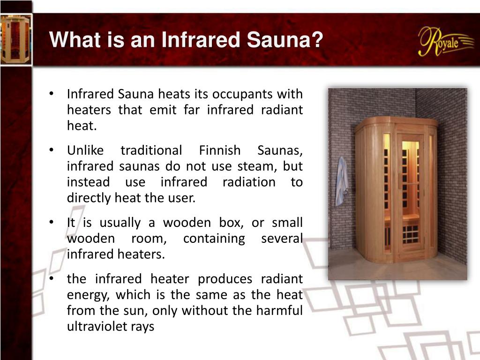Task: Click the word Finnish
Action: pos(220,151)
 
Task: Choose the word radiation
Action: pos(249,182)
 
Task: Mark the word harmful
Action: pos(281,311)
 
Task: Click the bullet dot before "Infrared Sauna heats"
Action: pos(52,94)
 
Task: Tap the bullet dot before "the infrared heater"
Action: pos(52,279)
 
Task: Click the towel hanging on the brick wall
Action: pos(342,181)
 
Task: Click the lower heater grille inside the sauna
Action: pos(410,233)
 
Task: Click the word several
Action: pos(282,239)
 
